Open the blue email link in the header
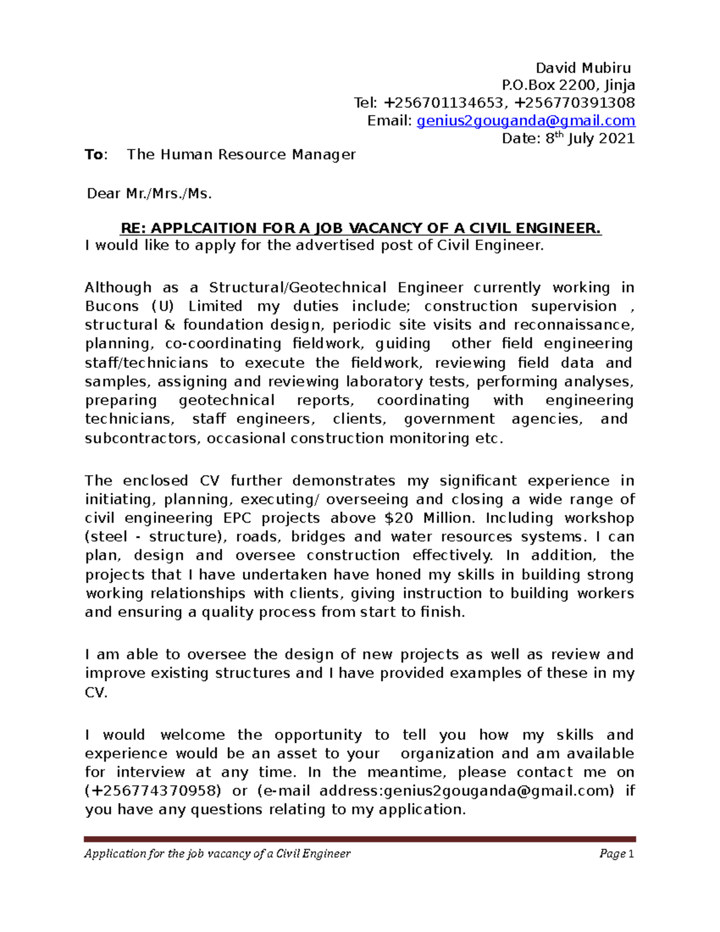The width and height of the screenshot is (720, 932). pos(526,121)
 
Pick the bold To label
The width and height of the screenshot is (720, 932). pos(95,155)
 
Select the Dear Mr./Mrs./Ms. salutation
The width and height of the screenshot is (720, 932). pos(149,194)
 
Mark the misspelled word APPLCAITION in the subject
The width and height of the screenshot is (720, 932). pos(203,229)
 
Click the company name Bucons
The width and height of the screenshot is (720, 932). pos(112,306)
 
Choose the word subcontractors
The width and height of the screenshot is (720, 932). pos(141,438)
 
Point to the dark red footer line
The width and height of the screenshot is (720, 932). pos(359,839)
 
